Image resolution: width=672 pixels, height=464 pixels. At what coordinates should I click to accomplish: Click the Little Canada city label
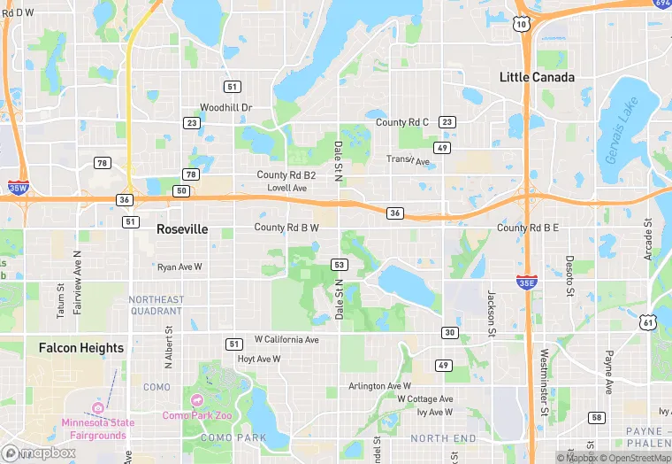pos(537,77)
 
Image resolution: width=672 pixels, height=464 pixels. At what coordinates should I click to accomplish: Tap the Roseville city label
pos(182,228)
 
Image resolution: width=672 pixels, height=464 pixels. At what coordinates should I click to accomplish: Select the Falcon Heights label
pos(81,348)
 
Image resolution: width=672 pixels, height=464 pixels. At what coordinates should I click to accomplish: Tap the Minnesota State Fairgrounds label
pos(97,428)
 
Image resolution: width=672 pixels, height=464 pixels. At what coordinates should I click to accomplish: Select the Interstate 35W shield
pos(18,187)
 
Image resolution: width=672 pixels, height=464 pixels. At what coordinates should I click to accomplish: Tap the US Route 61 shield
pos(650,323)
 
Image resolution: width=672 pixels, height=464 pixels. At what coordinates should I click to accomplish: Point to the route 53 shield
pos(339,265)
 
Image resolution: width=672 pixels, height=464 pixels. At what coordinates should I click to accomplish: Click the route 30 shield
pos(450,332)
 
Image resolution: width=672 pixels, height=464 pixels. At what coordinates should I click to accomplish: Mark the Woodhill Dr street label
pos(225,107)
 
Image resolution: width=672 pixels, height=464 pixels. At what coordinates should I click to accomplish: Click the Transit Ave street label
pos(408,160)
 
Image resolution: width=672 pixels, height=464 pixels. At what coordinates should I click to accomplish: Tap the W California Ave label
pos(286,339)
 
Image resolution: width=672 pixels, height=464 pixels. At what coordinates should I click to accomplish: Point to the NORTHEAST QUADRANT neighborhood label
pos(156,305)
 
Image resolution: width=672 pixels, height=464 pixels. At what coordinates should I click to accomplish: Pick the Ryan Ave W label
pos(179,267)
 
